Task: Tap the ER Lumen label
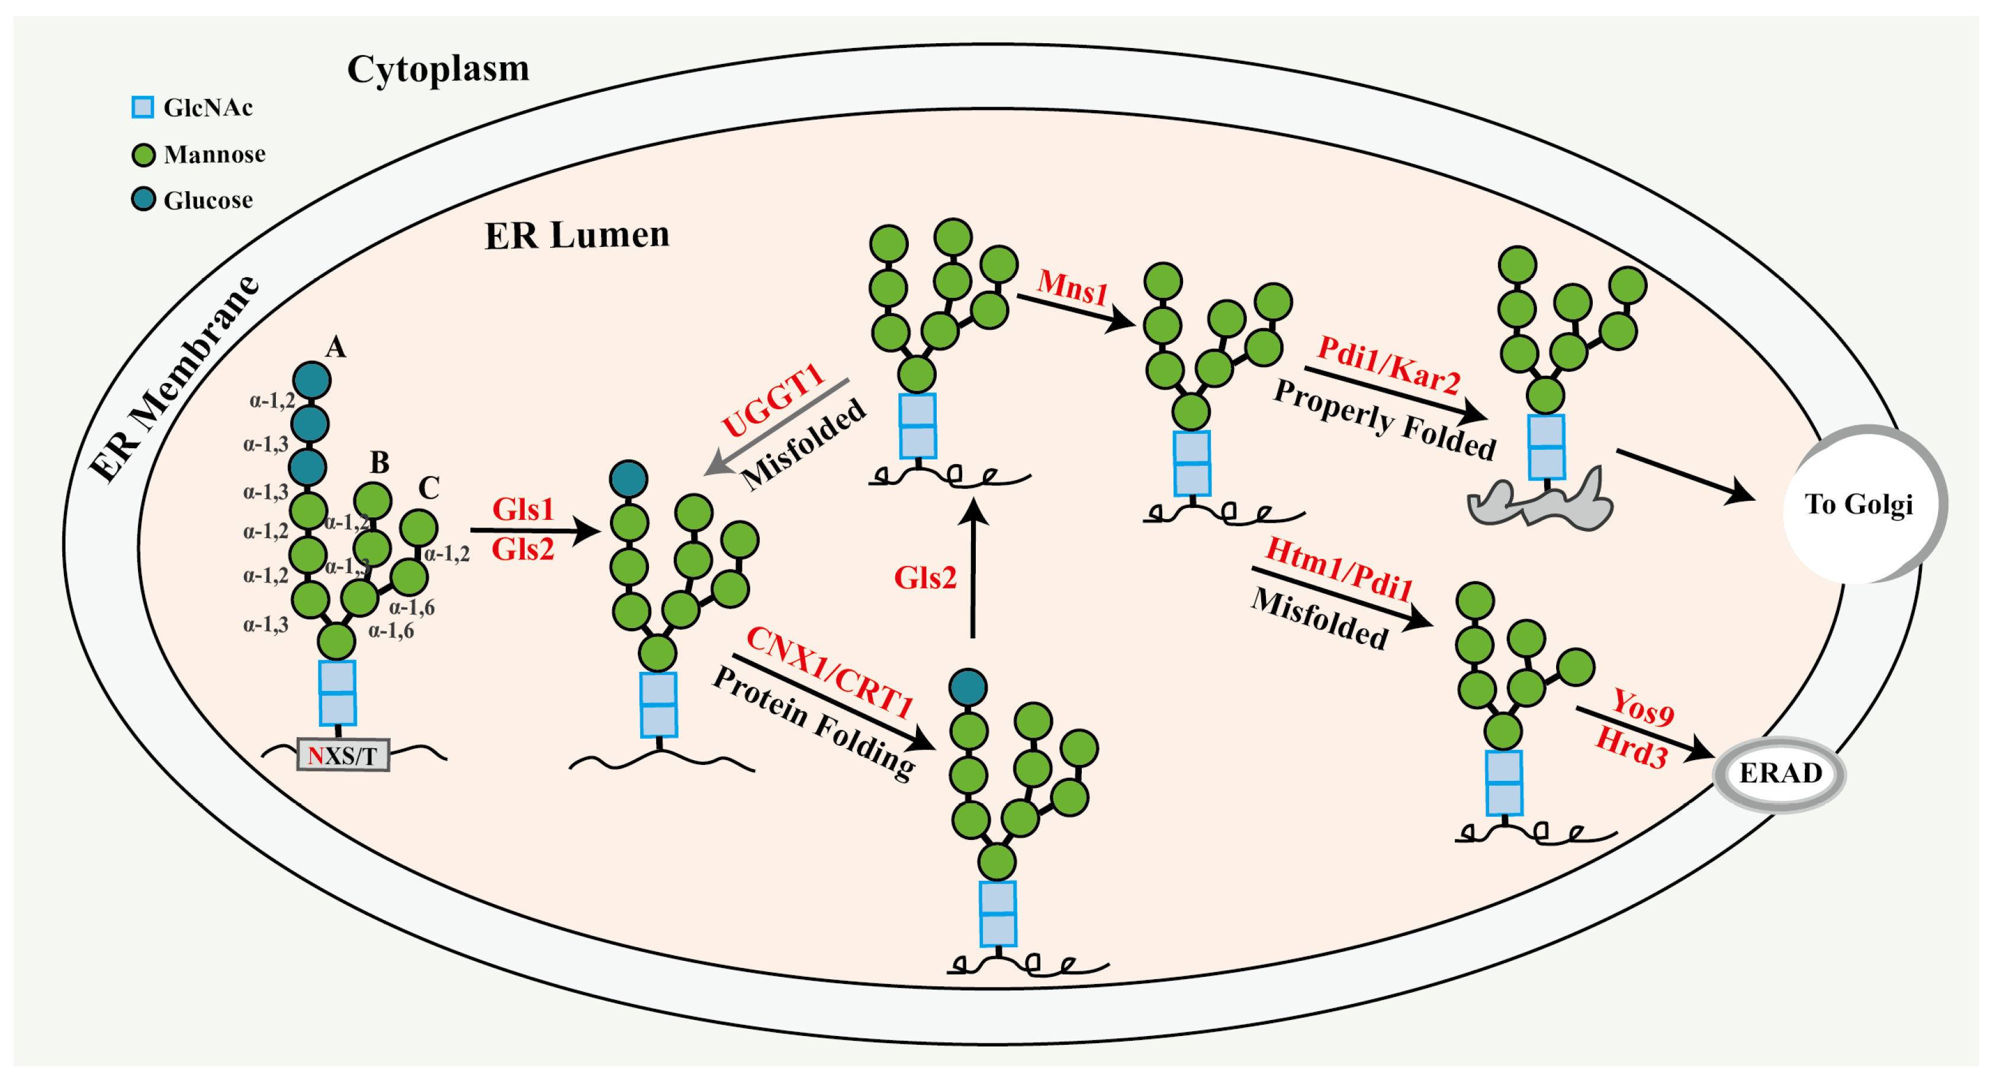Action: (x=577, y=235)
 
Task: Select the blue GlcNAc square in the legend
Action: (x=143, y=107)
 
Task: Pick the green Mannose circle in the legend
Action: (x=143, y=155)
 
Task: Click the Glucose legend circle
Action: (x=143, y=200)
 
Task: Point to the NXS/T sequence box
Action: (x=342, y=755)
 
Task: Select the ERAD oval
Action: (x=1779, y=773)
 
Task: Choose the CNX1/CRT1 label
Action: (x=829, y=673)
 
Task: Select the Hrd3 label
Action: (x=1631, y=748)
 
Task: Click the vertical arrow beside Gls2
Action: (x=974, y=570)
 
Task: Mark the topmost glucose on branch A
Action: (x=311, y=381)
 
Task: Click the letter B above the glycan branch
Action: (x=379, y=462)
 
